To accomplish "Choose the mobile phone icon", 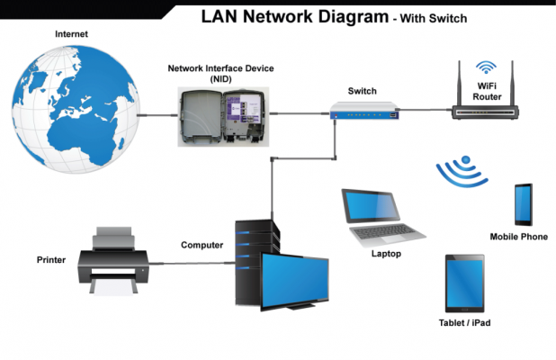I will pyautogui.click(x=523, y=204).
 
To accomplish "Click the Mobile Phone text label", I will pyautogui.click(x=518, y=237).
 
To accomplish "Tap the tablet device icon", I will pyautogui.click(x=466, y=283).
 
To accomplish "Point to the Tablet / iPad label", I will pyautogui.click(x=464, y=322).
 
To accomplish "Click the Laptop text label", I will pyautogui.click(x=386, y=254).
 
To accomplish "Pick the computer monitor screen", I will pyautogui.click(x=294, y=279).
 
